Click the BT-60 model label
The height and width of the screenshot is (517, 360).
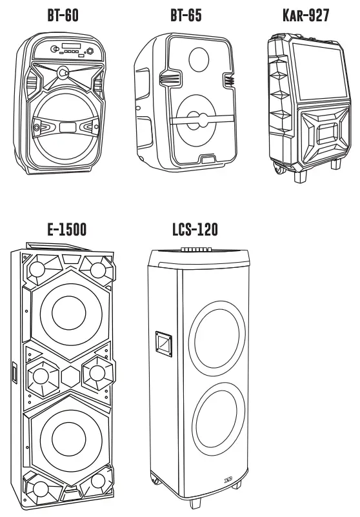(x=63, y=16)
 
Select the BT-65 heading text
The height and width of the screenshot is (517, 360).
(x=186, y=16)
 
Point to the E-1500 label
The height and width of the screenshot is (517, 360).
(x=66, y=230)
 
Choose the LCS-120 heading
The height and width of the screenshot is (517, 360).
(x=195, y=230)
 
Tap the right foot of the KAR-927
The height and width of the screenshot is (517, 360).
(x=335, y=163)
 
